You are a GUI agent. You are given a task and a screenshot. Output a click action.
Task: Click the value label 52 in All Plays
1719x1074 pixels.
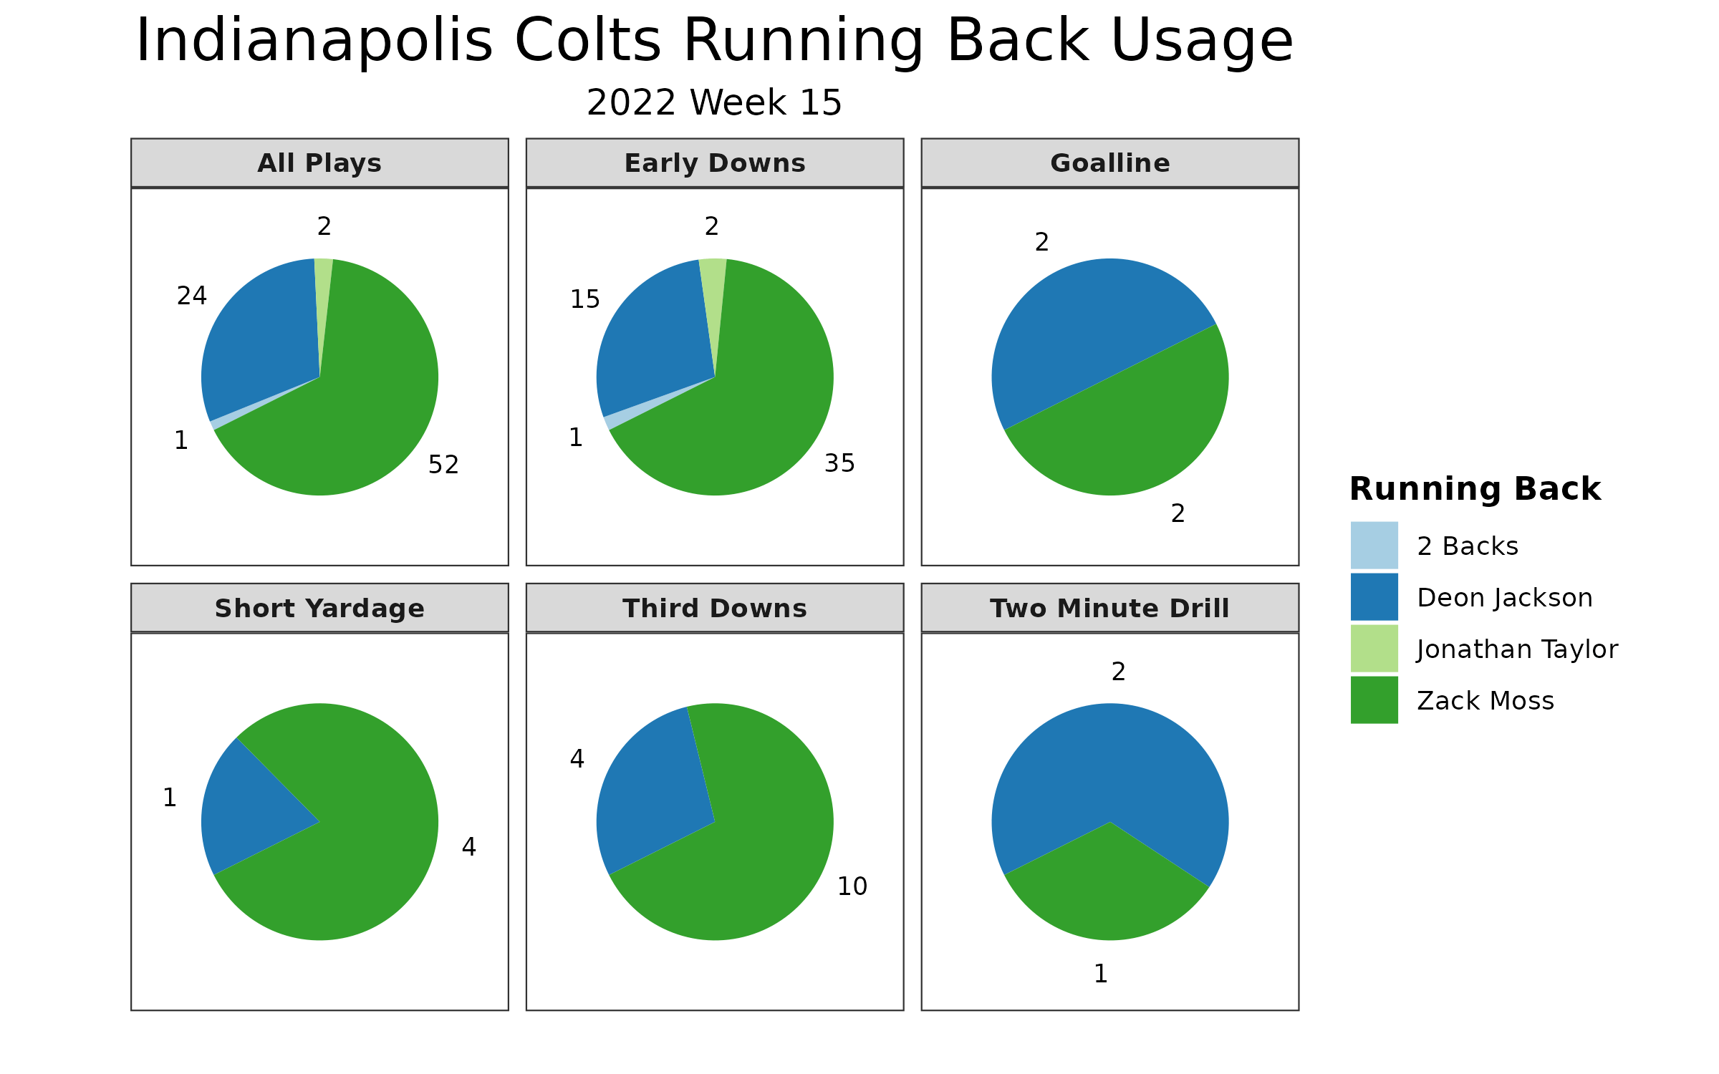click(x=443, y=465)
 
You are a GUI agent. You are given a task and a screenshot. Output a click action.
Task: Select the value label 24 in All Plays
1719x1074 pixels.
click(x=192, y=296)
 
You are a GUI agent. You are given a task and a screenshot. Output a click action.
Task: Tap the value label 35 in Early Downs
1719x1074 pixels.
click(x=839, y=464)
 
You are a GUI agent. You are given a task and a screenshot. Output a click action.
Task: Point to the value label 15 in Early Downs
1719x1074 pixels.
click(x=585, y=299)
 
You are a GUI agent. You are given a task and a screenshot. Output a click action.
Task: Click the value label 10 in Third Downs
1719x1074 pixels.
click(x=852, y=886)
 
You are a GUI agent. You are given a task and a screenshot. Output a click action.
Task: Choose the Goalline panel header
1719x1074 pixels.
click(x=1109, y=163)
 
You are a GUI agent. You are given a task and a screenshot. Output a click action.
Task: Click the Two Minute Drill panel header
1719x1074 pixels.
click(x=1109, y=609)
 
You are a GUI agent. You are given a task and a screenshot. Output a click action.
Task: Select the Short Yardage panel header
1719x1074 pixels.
click(x=319, y=609)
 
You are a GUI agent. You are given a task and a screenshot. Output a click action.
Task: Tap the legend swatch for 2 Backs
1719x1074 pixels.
click(x=1374, y=546)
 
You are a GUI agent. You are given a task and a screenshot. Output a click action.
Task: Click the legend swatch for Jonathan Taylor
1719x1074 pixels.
click(x=1374, y=649)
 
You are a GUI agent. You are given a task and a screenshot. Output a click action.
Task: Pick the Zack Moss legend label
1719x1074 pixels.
click(x=1486, y=701)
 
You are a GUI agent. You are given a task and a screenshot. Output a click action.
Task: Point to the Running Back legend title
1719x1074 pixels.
click(x=1475, y=490)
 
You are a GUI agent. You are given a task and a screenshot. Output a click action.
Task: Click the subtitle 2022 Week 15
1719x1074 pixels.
click(x=714, y=103)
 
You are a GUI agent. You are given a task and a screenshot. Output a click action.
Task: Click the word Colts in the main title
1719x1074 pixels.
click(x=587, y=42)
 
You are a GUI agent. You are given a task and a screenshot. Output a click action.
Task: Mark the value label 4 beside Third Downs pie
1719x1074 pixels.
click(x=577, y=759)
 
